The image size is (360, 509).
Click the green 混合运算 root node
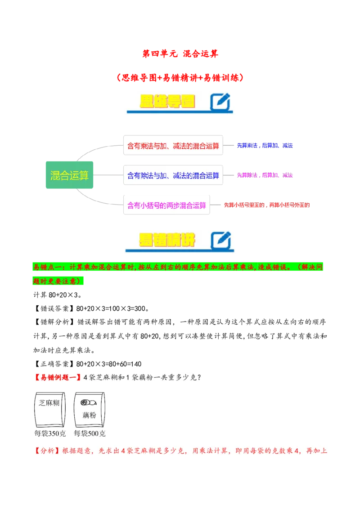[69, 175]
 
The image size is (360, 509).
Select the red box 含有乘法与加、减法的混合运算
[173, 146]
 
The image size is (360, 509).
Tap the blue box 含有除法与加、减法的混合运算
[173, 175]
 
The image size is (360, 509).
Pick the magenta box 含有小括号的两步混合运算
[166, 205]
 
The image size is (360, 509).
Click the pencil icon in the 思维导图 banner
[220, 102]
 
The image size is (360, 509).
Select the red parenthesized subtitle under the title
[180, 77]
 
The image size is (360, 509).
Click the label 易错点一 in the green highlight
[47, 267]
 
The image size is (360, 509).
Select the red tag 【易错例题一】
[58, 377]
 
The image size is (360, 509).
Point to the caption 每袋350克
[50, 434]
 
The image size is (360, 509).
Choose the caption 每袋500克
[90, 434]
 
